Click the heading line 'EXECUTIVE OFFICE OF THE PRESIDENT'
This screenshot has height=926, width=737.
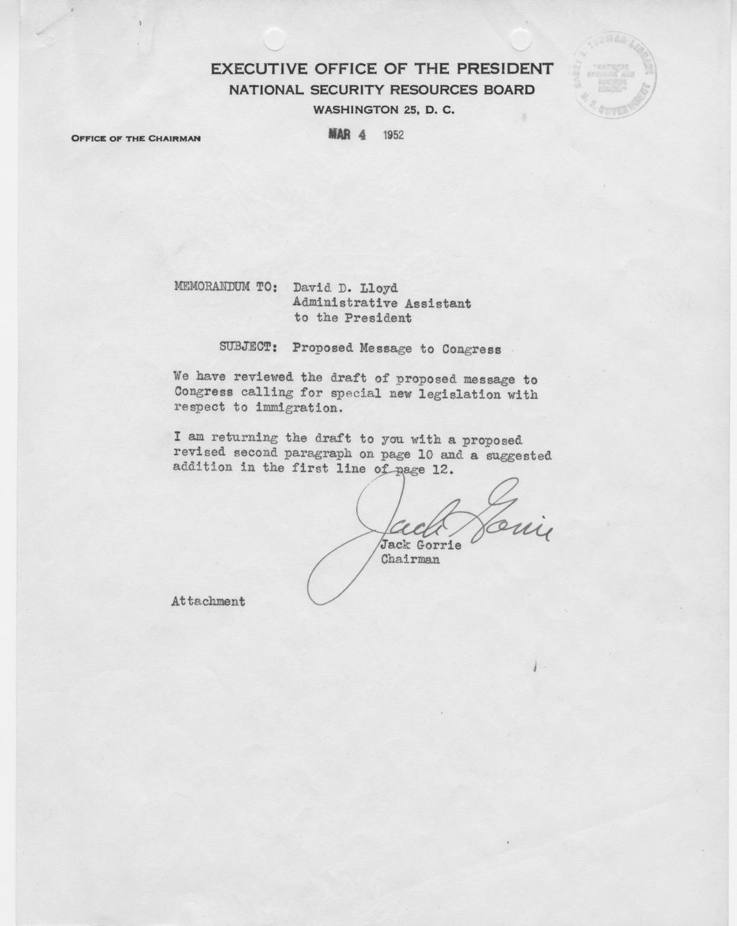coord(382,69)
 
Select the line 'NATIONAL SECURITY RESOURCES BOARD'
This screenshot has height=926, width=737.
coord(382,90)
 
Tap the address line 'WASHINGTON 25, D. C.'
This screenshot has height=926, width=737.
coord(384,110)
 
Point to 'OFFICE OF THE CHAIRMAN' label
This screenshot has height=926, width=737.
coord(136,138)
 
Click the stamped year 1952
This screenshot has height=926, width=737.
coord(393,135)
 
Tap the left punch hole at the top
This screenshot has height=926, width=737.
coord(275,40)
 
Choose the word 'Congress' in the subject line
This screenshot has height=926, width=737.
coord(471,349)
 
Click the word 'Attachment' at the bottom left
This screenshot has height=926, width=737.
coord(208,601)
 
